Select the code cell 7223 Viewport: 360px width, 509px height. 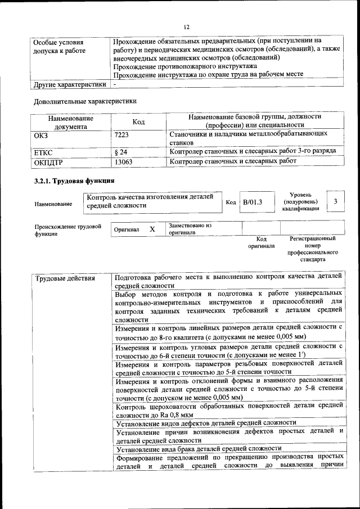coord(122,136)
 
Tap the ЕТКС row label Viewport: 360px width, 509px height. coord(43,152)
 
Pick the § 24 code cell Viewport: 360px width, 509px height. coord(120,152)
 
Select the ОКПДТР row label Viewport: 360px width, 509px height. coord(48,162)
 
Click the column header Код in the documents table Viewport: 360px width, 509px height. coord(138,122)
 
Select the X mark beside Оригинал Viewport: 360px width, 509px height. coord(152,229)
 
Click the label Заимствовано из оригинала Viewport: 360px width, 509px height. coord(190,228)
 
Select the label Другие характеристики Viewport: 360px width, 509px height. coord(70,85)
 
